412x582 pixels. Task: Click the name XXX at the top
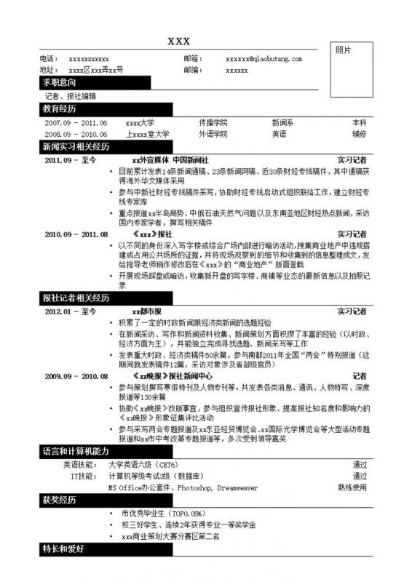coord(179,41)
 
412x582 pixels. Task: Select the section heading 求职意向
coord(59,83)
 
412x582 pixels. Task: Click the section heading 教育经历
coord(59,109)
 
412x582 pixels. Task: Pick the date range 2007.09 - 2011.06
coord(76,123)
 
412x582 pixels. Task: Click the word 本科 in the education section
coord(359,123)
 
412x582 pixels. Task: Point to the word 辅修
coord(359,134)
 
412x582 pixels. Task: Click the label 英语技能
coord(78,464)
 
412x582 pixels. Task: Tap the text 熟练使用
coord(352,487)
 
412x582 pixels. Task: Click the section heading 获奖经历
coord(59,501)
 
